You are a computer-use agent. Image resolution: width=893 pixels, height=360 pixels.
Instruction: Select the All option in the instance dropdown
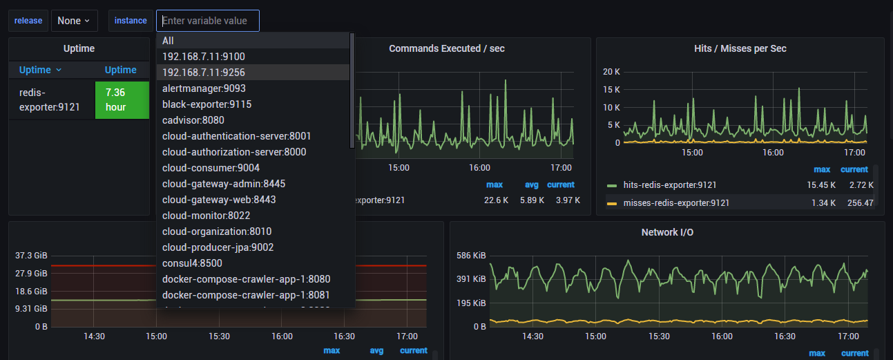pos(169,41)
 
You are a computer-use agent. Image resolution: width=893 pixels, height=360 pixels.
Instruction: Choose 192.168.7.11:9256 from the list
pos(204,73)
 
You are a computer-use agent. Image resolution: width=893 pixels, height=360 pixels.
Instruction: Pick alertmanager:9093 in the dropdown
pos(204,88)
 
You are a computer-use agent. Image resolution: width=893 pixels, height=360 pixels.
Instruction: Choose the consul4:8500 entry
pos(192,263)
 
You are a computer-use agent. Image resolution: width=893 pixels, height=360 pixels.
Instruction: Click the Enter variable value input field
pos(207,21)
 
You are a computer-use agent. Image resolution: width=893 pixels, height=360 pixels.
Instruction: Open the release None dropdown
pos(74,21)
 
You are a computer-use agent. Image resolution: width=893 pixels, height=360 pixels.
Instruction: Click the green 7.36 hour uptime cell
pos(122,100)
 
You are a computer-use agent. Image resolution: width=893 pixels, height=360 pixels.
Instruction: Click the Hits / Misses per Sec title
pos(740,48)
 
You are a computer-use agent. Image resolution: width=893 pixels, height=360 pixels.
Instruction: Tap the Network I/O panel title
pos(667,232)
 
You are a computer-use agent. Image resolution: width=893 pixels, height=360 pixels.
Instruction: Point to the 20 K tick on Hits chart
pos(612,72)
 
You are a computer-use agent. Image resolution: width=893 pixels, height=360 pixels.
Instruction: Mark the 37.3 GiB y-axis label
pos(31,256)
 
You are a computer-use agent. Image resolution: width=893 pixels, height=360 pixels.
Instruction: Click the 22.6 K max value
pos(497,200)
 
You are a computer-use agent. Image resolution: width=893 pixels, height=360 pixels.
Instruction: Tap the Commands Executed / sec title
pos(447,48)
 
